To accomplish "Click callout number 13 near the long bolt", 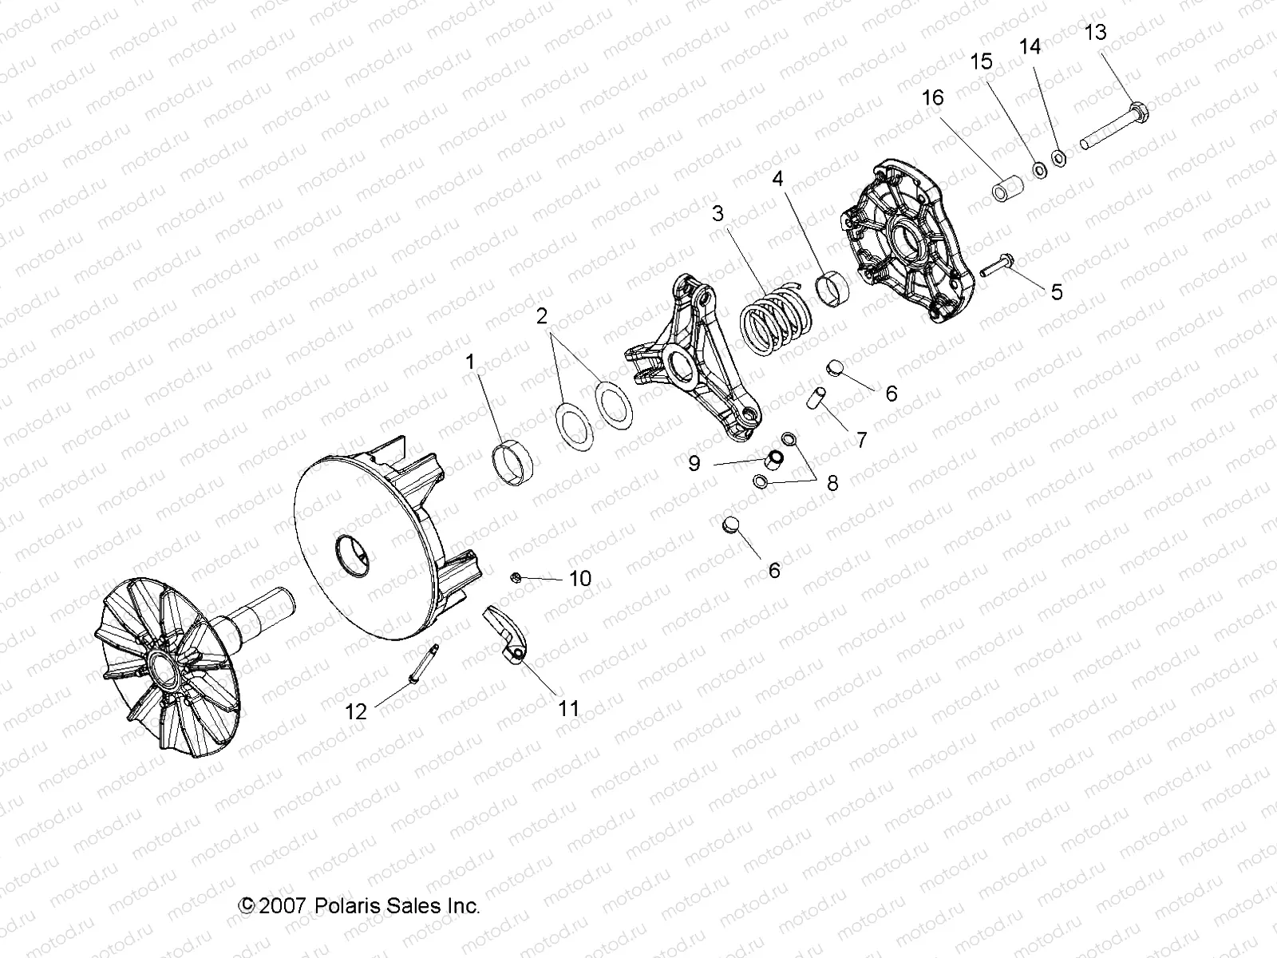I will pos(1096,33).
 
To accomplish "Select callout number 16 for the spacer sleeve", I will pos(932,97).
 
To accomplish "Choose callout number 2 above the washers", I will pos(542,317).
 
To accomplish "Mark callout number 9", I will pos(694,463).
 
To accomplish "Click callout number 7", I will pos(861,439).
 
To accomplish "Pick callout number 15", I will pos(981,61).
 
